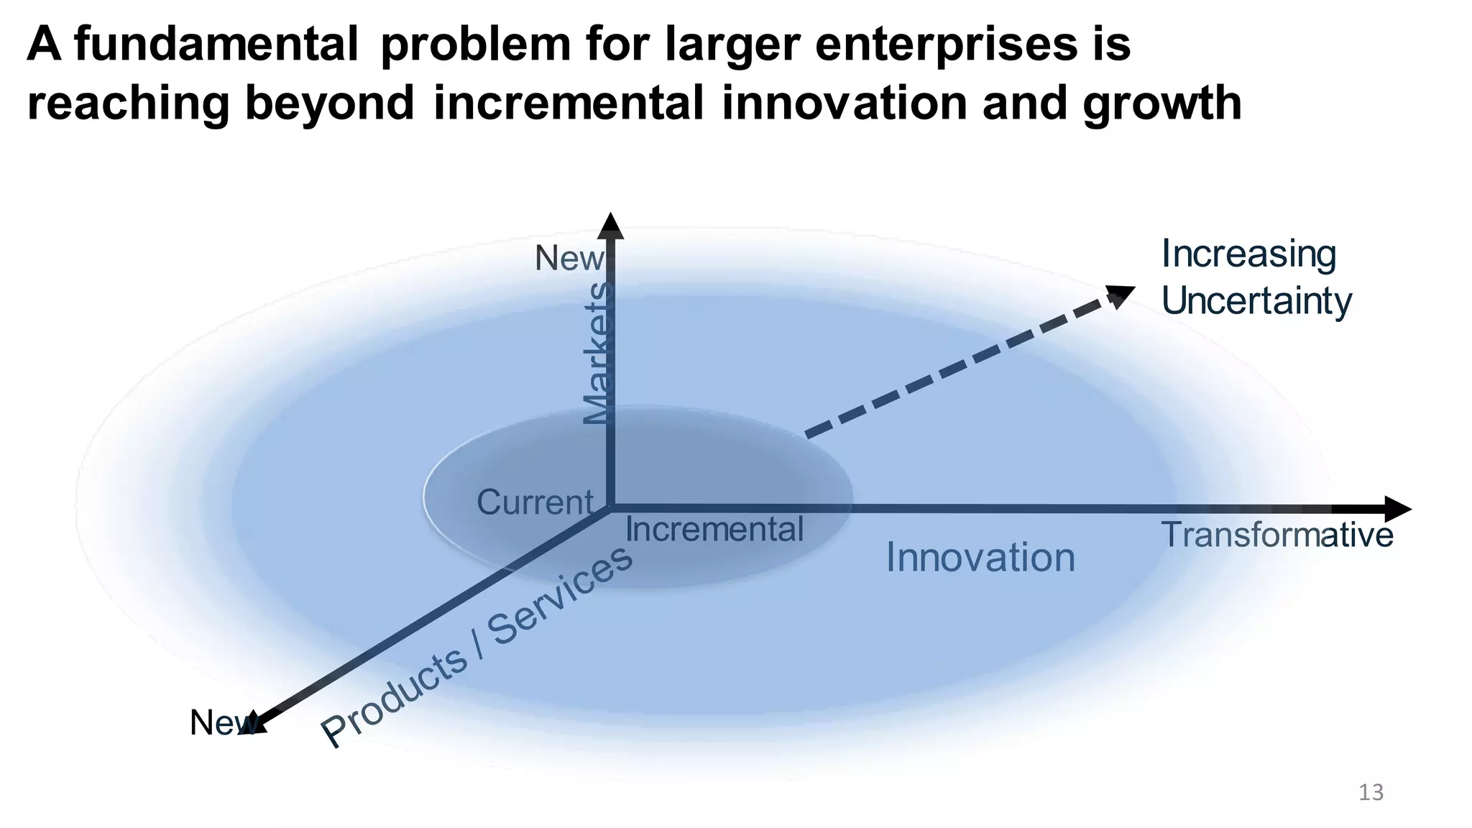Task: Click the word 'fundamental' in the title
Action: click(216, 45)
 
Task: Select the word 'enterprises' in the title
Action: click(942, 45)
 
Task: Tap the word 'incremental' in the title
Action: click(569, 103)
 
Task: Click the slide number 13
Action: click(1371, 793)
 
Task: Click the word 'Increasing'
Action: click(1248, 254)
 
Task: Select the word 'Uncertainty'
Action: click(1256, 301)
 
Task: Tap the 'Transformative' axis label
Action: click(1277, 535)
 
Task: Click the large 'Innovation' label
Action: click(980, 558)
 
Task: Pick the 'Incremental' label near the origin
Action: click(714, 530)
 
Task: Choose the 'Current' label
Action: click(535, 502)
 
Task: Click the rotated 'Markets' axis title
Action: click(598, 354)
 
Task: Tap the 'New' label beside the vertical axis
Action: click(569, 259)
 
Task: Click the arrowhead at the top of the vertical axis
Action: click(610, 225)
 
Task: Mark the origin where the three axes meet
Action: click(610, 507)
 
